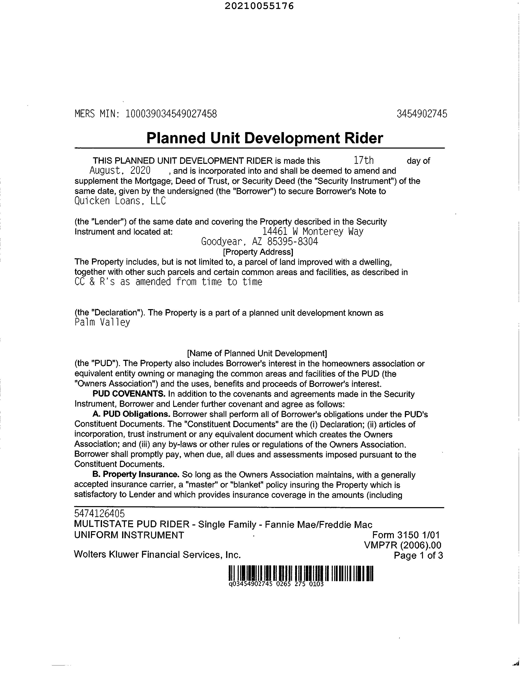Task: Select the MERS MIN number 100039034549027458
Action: pyautogui.click(x=171, y=114)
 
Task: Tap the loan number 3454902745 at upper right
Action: pyautogui.click(x=422, y=114)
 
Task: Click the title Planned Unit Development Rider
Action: pyautogui.click(x=265, y=138)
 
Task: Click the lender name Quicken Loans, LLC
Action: pyautogui.click(x=120, y=201)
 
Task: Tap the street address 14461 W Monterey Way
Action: pyautogui.click(x=313, y=231)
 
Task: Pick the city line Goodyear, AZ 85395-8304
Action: pyautogui.click(x=259, y=241)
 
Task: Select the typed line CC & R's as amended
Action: pyautogui.click(x=168, y=282)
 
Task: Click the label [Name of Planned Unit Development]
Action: pyautogui.click(x=257, y=353)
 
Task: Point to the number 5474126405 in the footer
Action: pyautogui.click(x=99, y=513)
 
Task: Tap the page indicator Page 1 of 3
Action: pyautogui.click(x=418, y=556)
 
